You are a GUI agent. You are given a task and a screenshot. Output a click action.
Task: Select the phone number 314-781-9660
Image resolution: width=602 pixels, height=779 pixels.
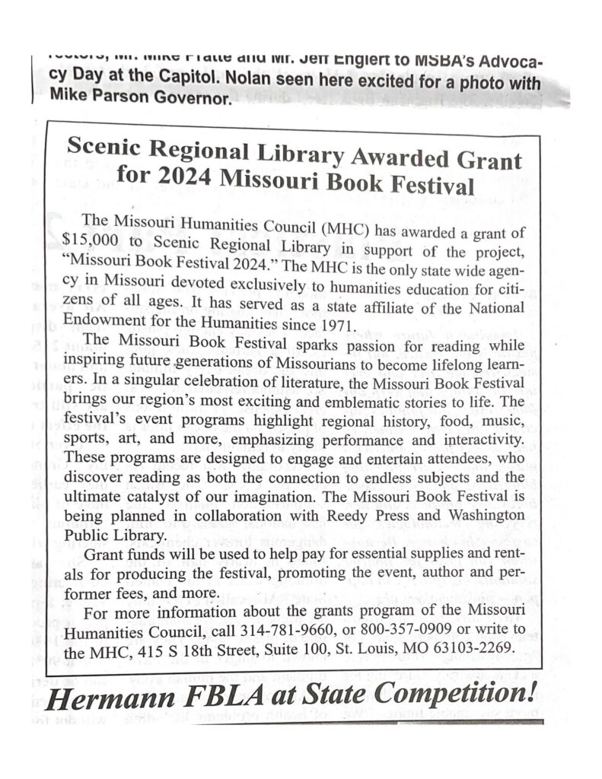[x=286, y=634]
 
